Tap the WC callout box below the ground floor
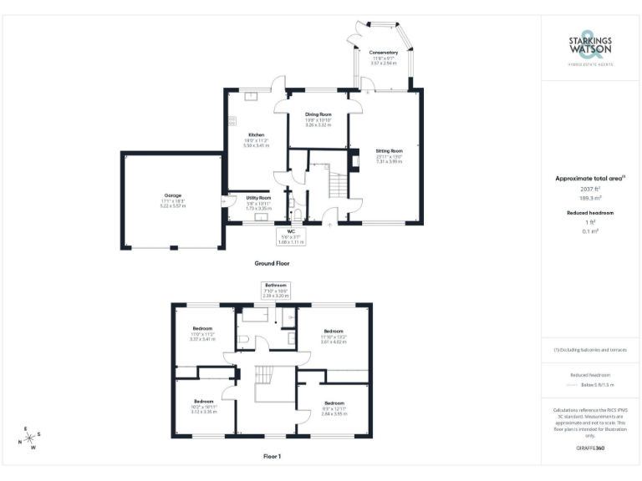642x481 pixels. tap(291, 235)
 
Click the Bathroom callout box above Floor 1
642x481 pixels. tap(275, 290)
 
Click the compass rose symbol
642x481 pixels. tap(30, 438)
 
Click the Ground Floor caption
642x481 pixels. tap(272, 262)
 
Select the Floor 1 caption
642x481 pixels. tap(272, 457)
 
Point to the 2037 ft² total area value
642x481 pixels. tap(590, 189)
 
